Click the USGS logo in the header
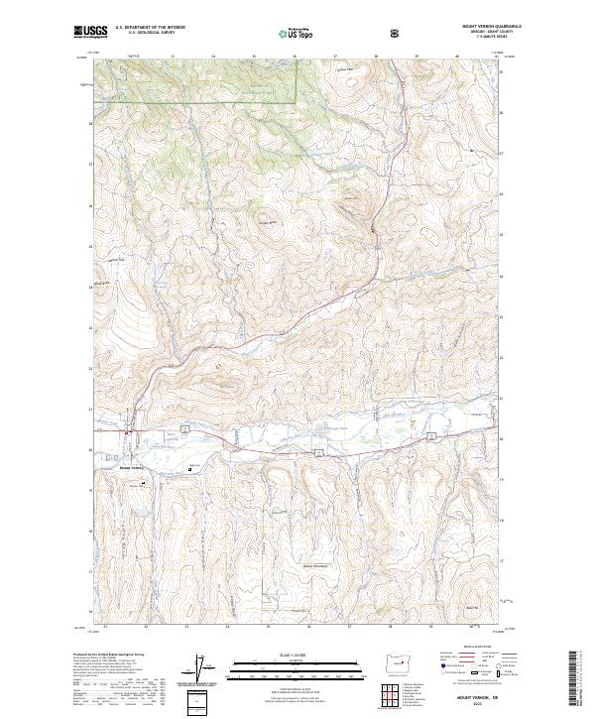[90, 31]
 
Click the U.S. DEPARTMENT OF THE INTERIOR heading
[150, 28]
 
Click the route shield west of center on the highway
[318, 451]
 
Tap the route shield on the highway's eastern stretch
[431, 436]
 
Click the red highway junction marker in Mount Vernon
[127, 432]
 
